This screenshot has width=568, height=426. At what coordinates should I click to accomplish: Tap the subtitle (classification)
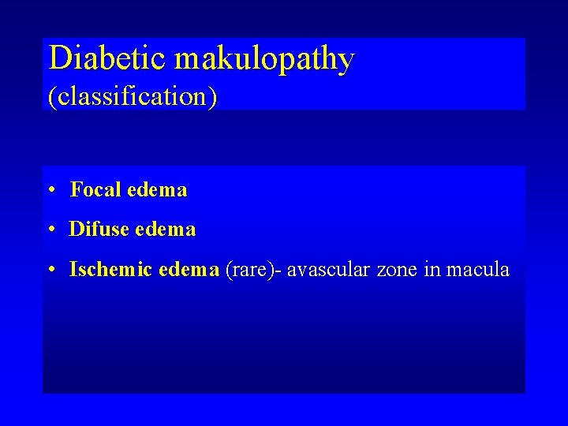point(133,96)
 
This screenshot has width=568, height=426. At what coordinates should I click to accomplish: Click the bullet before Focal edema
point(50,190)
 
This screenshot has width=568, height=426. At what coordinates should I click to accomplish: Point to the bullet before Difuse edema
point(50,230)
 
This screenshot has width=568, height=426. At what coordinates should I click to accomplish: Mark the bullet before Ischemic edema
point(50,271)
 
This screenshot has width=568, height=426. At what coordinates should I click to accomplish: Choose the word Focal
point(95,189)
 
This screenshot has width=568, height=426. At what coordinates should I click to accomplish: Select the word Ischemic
point(111,270)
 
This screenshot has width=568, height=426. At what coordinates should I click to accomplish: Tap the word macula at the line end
point(478,271)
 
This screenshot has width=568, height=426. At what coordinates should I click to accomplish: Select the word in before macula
point(432,270)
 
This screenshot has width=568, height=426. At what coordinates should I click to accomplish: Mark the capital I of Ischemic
point(73,270)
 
